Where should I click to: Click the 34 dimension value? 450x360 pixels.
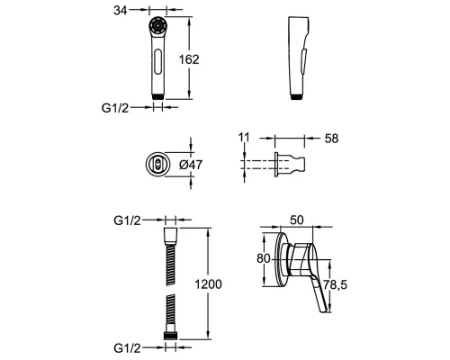[x=121, y=11]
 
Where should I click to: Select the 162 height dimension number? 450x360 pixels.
[x=189, y=59]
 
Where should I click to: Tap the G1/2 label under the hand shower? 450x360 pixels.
[x=115, y=108]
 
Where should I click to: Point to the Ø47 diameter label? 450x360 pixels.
[x=191, y=165]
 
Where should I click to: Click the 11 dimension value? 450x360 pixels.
[x=244, y=138]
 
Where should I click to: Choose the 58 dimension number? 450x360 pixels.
[x=331, y=139]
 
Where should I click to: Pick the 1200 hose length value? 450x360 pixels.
[x=209, y=284]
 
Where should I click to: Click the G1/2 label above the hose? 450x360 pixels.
[x=127, y=220]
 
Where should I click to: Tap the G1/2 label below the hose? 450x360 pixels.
[x=127, y=348]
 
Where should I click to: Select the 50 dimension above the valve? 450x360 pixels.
[x=297, y=220]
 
